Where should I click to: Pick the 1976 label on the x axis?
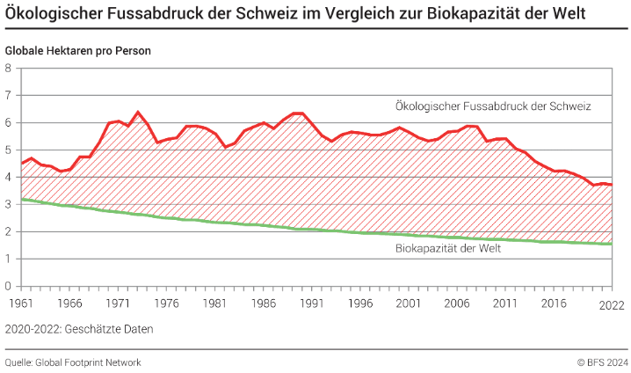tap(167, 302)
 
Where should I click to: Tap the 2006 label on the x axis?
tap(459, 302)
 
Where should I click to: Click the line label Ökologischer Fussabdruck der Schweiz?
tap(492, 106)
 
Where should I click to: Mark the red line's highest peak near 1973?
tap(138, 112)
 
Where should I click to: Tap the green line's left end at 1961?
tap(21, 199)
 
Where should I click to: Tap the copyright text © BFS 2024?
tap(602, 362)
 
